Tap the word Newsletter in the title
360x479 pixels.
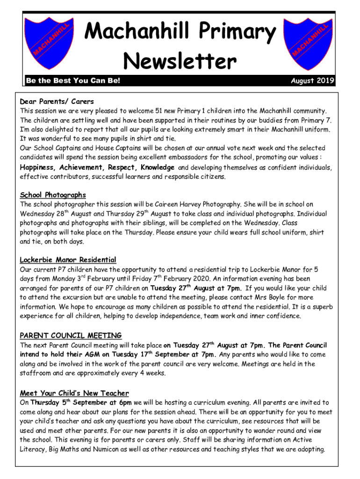180,61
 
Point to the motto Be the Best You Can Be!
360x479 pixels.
73,81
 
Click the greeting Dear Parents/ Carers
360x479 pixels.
57,102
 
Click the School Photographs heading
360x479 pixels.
53,195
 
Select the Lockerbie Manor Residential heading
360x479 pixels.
68,260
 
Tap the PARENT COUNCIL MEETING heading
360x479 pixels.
71,335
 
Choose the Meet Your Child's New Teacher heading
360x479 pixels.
74,393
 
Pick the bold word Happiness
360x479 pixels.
37,167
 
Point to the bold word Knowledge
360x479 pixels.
157,167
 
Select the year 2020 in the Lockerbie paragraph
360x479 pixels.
177,279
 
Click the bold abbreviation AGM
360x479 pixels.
91,355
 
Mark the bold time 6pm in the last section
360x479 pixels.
125,403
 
